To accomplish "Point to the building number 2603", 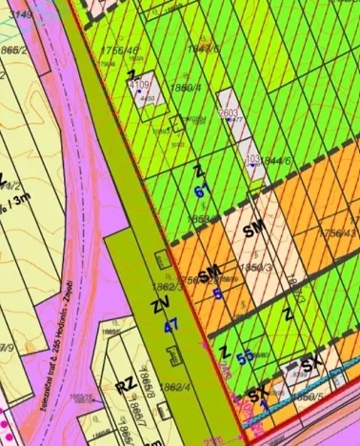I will click(229, 112).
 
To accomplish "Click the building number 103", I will click(252, 159).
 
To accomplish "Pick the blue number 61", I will click(201, 191).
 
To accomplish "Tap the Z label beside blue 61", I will click(198, 172).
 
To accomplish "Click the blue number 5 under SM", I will click(217, 294).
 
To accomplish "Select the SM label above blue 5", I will click(210, 274).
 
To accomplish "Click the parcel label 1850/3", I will click(256, 270).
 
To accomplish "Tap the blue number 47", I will click(171, 326).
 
